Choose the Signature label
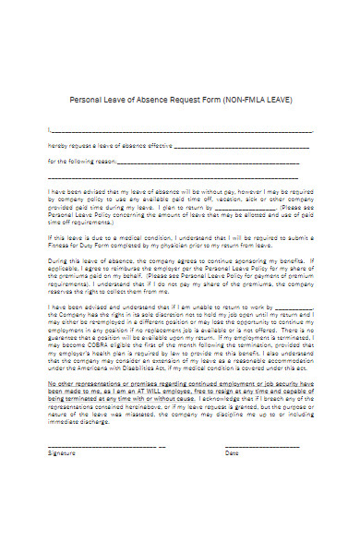pyautogui.click(x=64, y=453)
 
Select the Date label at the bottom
pyautogui.click(x=232, y=453)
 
